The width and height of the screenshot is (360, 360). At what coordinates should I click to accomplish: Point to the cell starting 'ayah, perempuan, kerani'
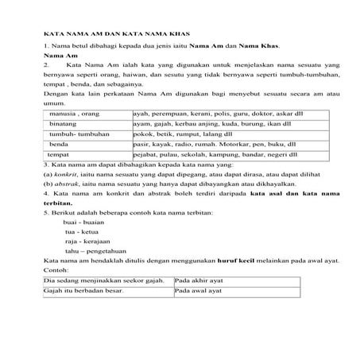click(x=214, y=114)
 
